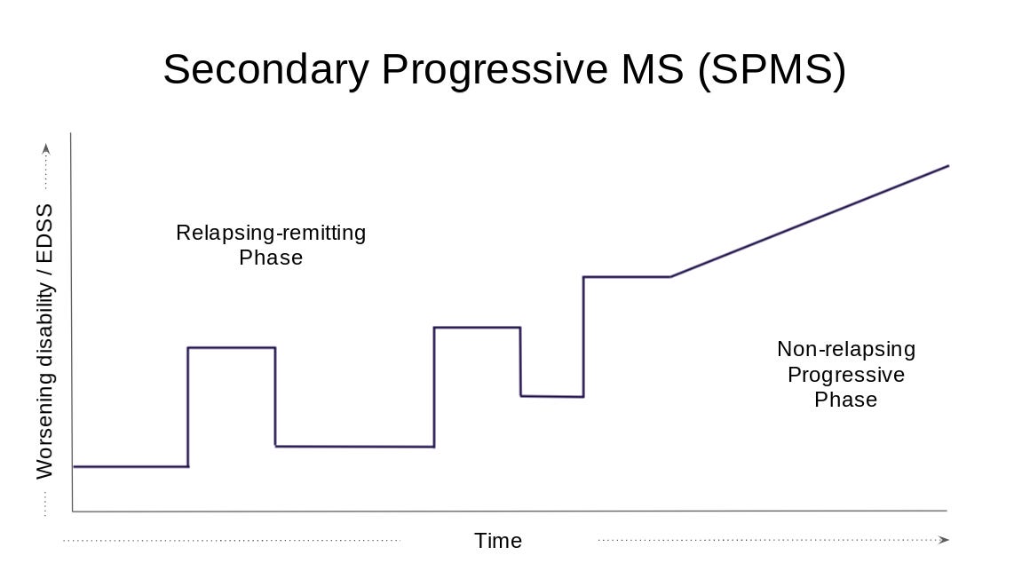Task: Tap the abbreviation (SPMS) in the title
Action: point(772,69)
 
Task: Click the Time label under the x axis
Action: point(498,541)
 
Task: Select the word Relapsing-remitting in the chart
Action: point(271,233)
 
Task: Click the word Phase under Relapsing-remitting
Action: point(271,258)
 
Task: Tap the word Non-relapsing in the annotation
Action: point(845,349)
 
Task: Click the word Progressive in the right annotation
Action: point(845,375)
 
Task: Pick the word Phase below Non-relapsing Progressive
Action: point(845,400)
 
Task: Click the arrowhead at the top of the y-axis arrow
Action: point(46,148)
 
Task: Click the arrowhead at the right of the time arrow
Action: point(944,540)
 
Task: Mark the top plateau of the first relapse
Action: point(232,347)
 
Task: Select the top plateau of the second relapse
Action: point(477,328)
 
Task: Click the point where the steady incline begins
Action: point(671,277)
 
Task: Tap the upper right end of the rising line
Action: point(948,166)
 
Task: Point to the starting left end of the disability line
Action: point(75,466)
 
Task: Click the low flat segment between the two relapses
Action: point(354,446)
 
